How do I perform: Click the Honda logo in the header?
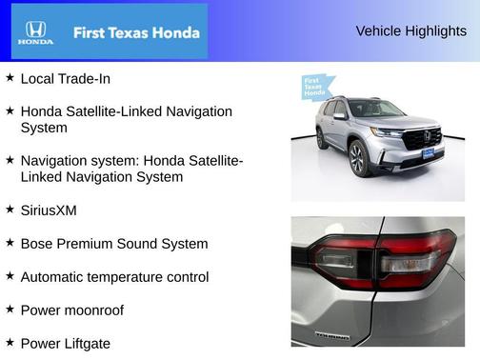[36, 31]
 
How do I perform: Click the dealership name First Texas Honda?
[136, 32]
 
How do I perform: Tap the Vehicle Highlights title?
[410, 30]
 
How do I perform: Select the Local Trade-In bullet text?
[65, 78]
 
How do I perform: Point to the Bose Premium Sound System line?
[113, 243]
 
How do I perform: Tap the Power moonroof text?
[71, 310]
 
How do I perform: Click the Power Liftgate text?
[65, 343]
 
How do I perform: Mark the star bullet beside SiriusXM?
[10, 209]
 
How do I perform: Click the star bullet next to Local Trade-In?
[10, 77]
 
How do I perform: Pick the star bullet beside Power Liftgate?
[10, 342]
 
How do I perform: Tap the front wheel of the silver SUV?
[358, 157]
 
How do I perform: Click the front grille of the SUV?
[421, 140]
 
